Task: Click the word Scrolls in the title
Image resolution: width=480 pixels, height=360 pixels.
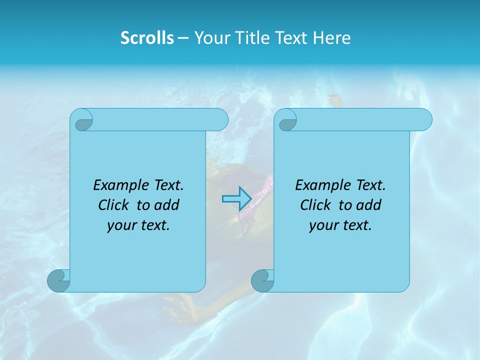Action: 147,38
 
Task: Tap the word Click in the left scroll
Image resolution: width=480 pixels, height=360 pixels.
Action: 114,205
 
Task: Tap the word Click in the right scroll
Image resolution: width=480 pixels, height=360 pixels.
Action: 315,205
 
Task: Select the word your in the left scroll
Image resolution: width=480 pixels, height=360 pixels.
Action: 120,225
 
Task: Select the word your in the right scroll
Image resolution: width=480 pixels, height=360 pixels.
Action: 322,225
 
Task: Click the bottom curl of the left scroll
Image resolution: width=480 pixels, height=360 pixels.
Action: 58,280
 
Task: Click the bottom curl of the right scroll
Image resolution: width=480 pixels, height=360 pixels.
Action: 262,280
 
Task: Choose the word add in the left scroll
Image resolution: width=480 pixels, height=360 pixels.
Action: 166,205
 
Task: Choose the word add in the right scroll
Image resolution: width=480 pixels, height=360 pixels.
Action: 368,205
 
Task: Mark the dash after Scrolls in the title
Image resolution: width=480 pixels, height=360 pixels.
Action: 183,38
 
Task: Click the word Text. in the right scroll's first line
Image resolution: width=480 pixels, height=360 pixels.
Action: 370,185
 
